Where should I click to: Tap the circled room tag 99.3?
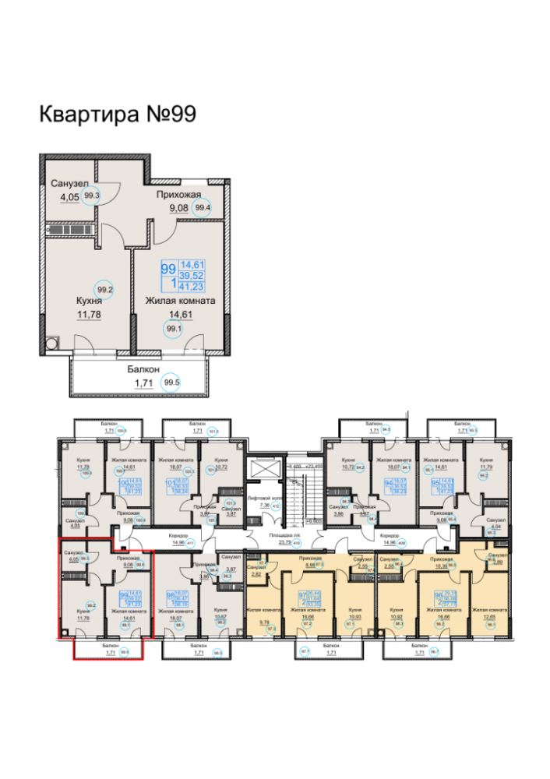pos(92,197)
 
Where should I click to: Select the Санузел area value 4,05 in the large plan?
pos(69,198)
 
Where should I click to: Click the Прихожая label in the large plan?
pos(178,194)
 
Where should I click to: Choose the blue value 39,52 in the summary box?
pos(192,276)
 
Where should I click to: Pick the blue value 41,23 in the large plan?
pos(192,287)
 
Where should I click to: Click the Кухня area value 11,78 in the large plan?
pos(89,315)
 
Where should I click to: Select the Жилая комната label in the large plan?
pos(181,300)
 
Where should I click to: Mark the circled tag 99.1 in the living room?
pos(172,329)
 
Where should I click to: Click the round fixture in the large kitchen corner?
pos(53,342)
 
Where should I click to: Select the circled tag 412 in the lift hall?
pos(273,506)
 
